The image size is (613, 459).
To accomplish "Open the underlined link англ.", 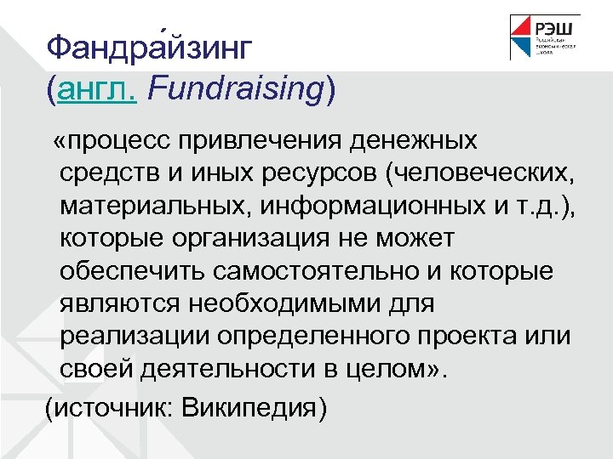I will click(97, 89).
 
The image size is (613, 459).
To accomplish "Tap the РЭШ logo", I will click(545, 37).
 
